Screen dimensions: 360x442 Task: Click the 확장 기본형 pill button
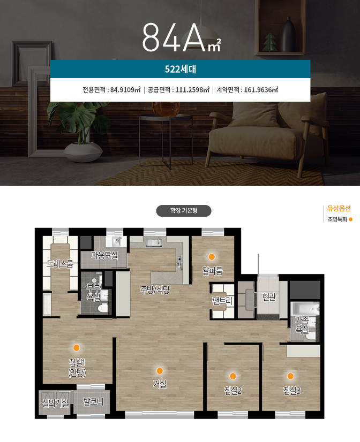(x=184, y=211)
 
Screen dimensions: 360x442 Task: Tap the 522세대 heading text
(x=181, y=69)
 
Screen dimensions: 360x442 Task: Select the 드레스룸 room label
(x=60, y=264)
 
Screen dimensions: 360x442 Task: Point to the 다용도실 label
(x=104, y=255)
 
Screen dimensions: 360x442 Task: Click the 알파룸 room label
(x=212, y=271)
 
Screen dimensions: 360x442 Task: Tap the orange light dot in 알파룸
(x=212, y=256)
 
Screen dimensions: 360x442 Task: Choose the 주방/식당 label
(x=155, y=289)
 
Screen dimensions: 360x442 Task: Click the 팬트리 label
(x=223, y=301)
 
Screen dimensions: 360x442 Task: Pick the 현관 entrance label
(x=269, y=296)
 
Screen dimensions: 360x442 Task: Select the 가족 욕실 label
(x=302, y=325)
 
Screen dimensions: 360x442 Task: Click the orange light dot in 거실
(x=160, y=371)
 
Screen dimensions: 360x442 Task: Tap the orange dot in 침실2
(x=232, y=376)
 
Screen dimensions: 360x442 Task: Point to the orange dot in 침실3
(x=290, y=376)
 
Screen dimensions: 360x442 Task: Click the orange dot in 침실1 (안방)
(x=77, y=348)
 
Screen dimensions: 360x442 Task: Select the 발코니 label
(x=93, y=402)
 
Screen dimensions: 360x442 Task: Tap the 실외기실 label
(x=55, y=403)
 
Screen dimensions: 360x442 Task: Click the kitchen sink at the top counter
(x=154, y=242)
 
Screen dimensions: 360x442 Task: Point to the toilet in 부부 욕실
(x=103, y=308)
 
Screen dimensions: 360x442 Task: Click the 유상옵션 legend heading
(x=339, y=208)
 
